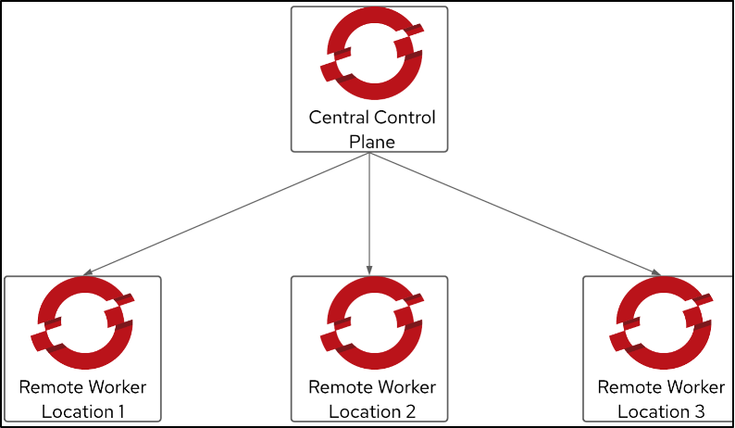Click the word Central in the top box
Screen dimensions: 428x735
337,119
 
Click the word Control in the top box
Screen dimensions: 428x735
404,119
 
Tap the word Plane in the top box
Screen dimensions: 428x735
371,142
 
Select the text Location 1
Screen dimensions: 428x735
83,410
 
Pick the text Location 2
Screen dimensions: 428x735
371,410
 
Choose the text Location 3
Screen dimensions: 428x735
660,410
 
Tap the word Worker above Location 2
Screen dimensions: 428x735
406,387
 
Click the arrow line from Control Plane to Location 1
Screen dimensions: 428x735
227,214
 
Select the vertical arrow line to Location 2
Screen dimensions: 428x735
369,213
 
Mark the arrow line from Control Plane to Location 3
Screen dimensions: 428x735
514,214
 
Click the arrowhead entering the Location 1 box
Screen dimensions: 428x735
86,273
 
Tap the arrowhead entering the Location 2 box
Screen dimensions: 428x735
369,271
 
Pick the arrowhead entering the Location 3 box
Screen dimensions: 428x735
656,273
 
